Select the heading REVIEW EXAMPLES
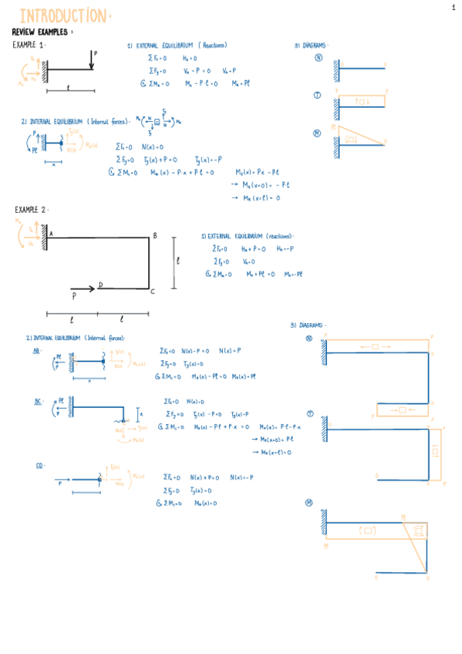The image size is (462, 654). [40, 32]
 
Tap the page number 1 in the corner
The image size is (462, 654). [454, 8]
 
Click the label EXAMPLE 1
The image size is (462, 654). [29, 46]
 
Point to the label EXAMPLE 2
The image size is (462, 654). [31, 210]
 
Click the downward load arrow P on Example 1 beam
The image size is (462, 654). [92, 62]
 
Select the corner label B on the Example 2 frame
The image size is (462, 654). [154, 236]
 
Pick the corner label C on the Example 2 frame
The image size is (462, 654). [153, 291]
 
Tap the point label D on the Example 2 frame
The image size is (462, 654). [99, 285]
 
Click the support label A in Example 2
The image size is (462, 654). [51, 234]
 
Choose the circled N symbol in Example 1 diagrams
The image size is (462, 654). [318, 57]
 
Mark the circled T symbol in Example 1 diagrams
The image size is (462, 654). [317, 95]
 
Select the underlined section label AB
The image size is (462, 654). [36, 350]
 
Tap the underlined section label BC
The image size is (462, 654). [37, 401]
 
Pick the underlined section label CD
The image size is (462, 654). [39, 465]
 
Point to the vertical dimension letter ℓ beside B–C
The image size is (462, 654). [178, 261]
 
